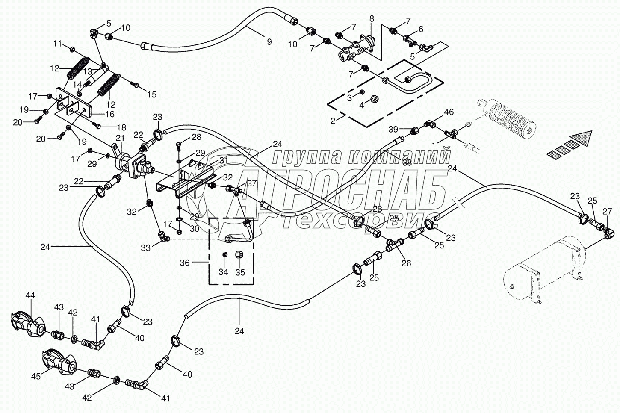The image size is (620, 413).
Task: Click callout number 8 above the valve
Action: [x=372, y=19]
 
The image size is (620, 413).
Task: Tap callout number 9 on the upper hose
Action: [x=269, y=41]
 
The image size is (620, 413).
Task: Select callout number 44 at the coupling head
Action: [x=30, y=295]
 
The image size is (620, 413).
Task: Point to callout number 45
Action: [x=36, y=376]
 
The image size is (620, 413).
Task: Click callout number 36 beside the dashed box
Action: [x=185, y=263]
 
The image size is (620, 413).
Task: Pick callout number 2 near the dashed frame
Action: [x=333, y=121]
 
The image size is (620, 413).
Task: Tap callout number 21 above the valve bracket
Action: [x=120, y=138]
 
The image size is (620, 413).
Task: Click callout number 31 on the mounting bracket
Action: [x=223, y=160]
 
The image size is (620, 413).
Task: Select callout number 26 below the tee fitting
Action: [x=406, y=263]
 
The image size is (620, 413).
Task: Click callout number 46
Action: [x=449, y=112]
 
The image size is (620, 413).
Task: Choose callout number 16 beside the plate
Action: [x=109, y=114]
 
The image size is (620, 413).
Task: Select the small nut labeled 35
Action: [x=239, y=254]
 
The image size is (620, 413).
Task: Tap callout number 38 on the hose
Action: [x=407, y=163]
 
